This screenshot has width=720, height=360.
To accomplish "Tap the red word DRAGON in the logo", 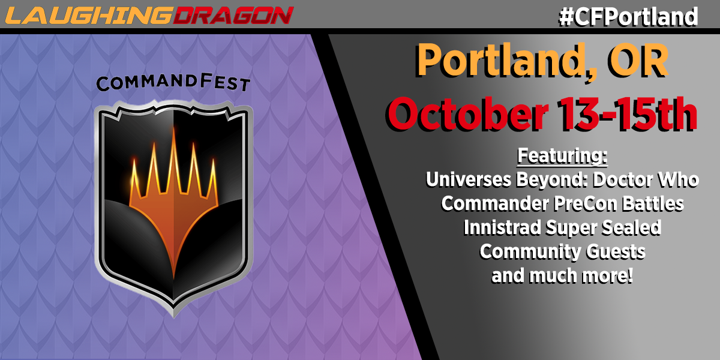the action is [x=233, y=16].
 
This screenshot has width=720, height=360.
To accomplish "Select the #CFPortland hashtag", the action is [x=628, y=17].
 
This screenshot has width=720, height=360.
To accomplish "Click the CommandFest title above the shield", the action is [x=173, y=82].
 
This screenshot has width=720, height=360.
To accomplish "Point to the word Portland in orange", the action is [x=506, y=61].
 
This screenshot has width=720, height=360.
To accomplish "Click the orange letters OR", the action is [x=638, y=61].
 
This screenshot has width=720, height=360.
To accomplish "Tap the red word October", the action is [x=468, y=114].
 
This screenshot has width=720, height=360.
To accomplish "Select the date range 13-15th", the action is [x=627, y=114].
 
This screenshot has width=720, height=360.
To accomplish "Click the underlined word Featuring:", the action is [x=562, y=156].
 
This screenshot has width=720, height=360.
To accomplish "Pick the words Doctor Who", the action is [x=646, y=179].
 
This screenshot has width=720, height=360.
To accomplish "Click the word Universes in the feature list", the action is [x=469, y=179].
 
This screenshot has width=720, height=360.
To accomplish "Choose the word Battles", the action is [x=653, y=204].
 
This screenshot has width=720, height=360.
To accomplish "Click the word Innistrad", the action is [x=502, y=227].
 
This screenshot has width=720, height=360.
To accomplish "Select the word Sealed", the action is [x=631, y=227].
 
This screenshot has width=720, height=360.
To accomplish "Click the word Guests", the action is [x=615, y=252].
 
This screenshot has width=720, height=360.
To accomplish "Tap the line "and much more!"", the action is [x=562, y=276].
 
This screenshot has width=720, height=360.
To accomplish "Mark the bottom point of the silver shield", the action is [x=174, y=317].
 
